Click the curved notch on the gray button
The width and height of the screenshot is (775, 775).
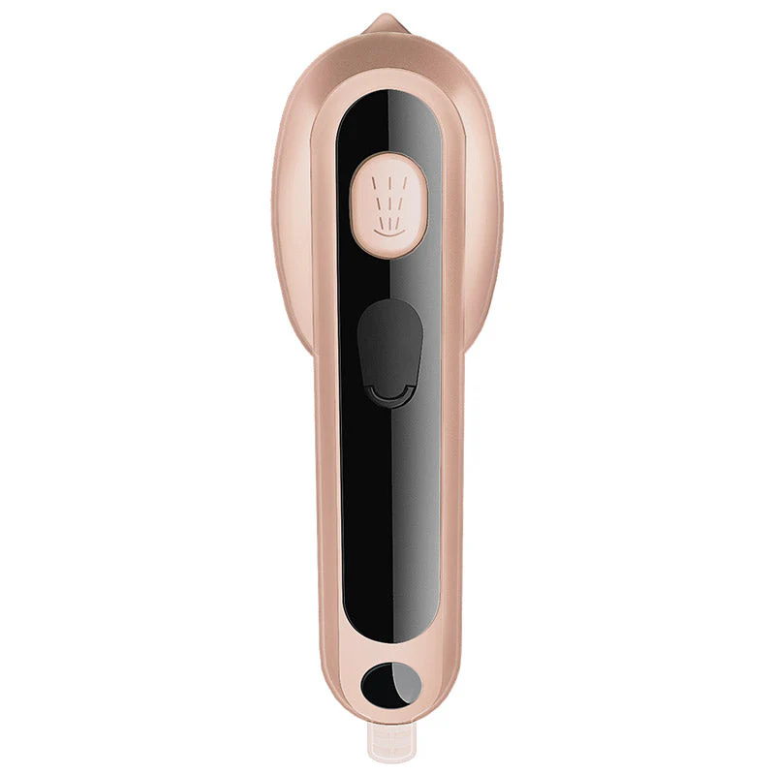tap(389, 394)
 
